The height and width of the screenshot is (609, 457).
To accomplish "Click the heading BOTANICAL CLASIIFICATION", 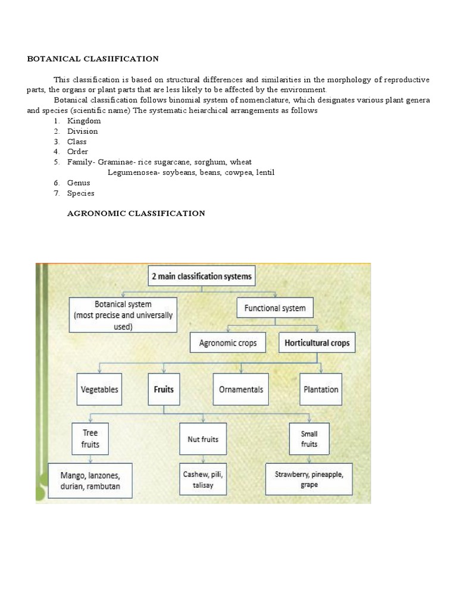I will coord(93,59).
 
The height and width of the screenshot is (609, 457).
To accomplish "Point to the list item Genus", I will coord(78,183).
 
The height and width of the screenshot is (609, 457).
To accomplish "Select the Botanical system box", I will coord(124,315).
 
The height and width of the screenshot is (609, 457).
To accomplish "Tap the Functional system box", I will coord(275,308).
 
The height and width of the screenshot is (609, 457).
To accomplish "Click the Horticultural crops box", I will coord(317,343).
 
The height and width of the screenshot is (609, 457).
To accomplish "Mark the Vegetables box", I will coord(99,390).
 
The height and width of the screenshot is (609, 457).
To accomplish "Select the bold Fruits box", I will coord(164,390).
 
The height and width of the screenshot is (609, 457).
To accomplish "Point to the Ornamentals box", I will coord(240,390).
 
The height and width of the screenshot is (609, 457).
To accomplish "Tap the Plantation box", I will coord(321,390).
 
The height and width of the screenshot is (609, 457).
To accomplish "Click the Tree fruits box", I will coord(90,438).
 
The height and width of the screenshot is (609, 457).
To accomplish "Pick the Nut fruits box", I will coord(203,440).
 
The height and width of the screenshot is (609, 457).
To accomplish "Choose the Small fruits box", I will coord(309,439).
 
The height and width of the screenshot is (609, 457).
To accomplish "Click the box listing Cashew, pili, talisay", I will coord(204,480).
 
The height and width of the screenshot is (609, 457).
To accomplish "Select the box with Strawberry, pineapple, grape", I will coord(309,480).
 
